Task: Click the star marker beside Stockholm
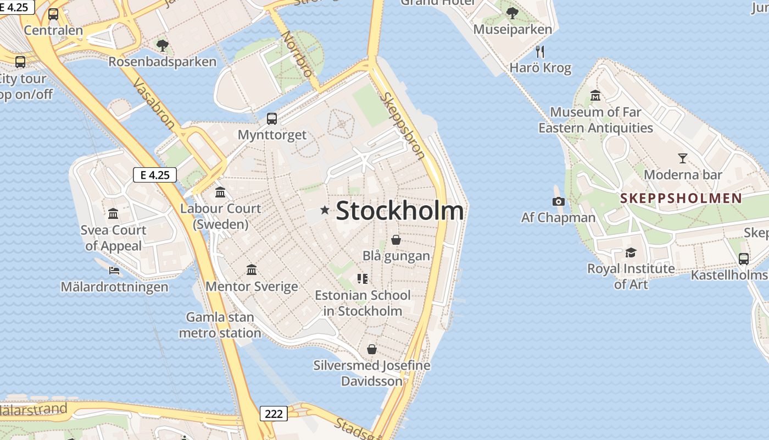(x=325, y=210)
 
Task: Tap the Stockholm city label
(x=399, y=211)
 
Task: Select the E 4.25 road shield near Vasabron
(x=155, y=175)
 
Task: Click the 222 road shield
(x=274, y=414)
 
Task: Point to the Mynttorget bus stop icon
(x=272, y=118)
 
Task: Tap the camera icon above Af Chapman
(x=559, y=201)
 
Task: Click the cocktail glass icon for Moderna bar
(x=682, y=158)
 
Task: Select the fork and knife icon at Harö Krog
(x=540, y=52)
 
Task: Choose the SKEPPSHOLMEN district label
(x=681, y=199)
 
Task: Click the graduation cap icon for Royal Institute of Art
(x=631, y=253)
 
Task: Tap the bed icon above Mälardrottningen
(x=114, y=271)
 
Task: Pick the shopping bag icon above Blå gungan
(x=396, y=240)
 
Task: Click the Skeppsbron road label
(x=403, y=125)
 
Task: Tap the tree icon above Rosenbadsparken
(x=162, y=45)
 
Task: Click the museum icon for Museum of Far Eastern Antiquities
(x=595, y=96)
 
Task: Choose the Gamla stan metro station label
(x=220, y=325)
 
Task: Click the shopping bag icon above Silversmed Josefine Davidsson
(x=372, y=349)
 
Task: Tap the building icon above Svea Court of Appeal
(x=113, y=213)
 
